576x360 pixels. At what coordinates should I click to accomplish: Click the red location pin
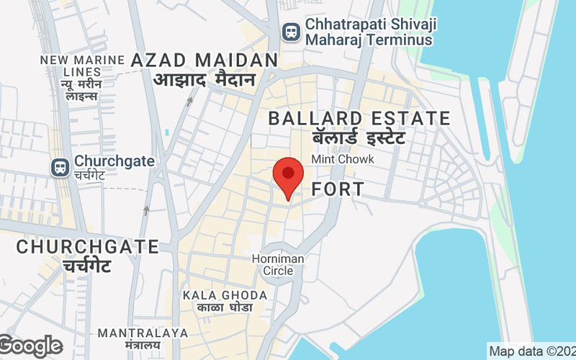click(288, 176)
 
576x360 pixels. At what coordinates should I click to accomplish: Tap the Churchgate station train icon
click(60, 167)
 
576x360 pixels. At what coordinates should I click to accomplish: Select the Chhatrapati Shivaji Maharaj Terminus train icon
click(291, 32)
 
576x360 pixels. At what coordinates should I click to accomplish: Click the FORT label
click(338, 190)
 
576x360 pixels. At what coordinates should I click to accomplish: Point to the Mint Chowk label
click(342, 159)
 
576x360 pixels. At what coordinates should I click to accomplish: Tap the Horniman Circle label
click(278, 264)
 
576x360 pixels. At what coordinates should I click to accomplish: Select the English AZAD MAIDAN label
click(204, 60)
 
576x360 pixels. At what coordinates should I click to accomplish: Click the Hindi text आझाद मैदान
click(204, 79)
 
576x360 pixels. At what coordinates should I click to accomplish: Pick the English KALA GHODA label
click(225, 295)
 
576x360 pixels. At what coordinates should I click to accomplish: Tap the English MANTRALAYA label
click(143, 333)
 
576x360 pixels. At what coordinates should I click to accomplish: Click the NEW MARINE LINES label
click(71, 66)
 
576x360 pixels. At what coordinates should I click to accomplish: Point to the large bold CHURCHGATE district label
click(87, 247)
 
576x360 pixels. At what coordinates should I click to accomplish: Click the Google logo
click(31, 346)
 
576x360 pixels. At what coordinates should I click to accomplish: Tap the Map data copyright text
click(531, 352)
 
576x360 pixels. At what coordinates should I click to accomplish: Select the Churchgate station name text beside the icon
click(114, 161)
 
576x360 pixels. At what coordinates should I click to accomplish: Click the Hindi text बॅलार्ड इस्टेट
click(359, 137)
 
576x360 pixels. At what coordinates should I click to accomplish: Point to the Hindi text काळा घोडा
click(225, 308)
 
